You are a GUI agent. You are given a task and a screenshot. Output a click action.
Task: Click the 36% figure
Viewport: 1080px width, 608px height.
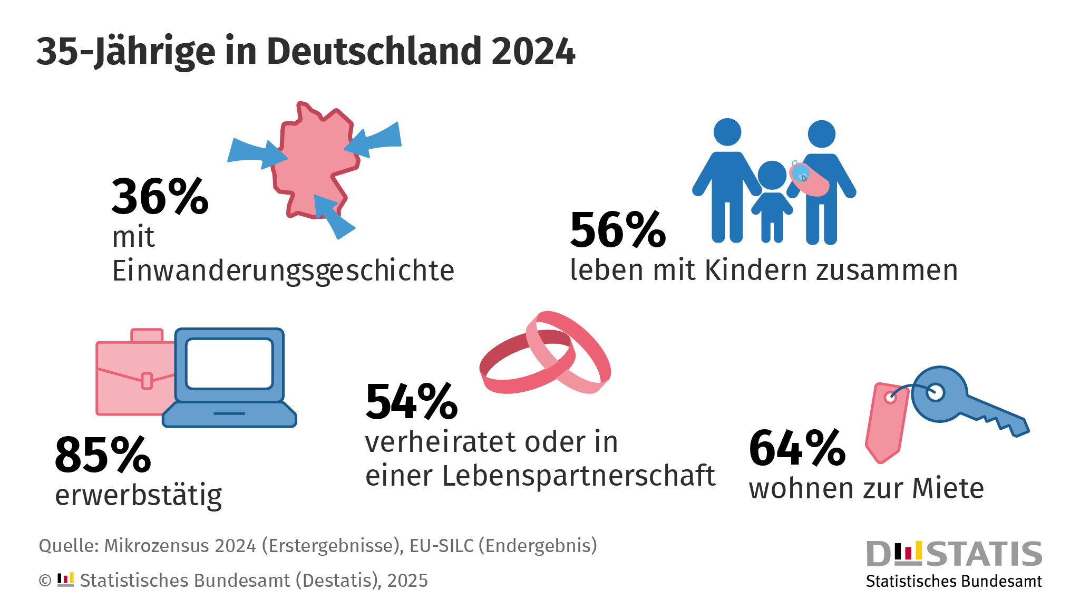click(x=160, y=197)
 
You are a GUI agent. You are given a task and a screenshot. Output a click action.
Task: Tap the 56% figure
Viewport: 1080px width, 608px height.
click(x=618, y=230)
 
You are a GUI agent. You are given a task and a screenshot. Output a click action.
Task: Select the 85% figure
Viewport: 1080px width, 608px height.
click(x=103, y=455)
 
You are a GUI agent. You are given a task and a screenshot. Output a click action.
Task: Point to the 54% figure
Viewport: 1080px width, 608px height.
click(x=412, y=402)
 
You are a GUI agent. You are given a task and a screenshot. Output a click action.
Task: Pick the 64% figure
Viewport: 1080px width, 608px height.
click(x=797, y=449)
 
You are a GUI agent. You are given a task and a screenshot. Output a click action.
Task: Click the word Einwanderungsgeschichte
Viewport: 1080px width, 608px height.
click(x=283, y=271)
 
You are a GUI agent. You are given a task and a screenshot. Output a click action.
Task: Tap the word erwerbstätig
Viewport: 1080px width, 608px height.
click(x=139, y=496)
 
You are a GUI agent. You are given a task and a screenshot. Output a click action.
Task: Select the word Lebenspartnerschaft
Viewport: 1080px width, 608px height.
click(x=578, y=476)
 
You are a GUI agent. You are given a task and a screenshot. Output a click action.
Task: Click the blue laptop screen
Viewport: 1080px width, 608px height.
click(x=229, y=364)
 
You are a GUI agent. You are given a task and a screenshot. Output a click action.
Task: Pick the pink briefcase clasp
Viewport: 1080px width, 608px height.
click(x=147, y=381)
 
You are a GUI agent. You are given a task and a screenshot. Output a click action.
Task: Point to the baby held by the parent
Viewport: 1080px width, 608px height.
click(x=809, y=178)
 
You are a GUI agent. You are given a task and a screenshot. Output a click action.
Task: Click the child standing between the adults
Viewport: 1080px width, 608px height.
click(x=772, y=200)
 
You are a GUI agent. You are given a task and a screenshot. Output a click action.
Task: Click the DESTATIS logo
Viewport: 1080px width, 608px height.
click(x=954, y=563)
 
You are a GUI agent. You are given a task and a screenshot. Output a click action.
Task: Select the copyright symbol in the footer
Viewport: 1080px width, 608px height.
click(x=45, y=581)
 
